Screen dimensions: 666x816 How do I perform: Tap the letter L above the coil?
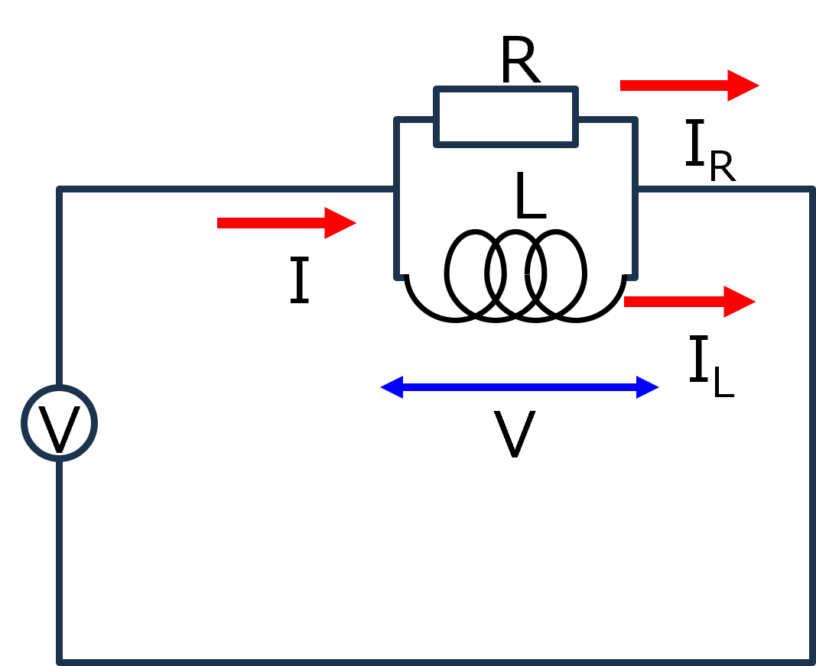(x=529, y=196)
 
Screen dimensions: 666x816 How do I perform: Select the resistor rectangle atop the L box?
(x=506, y=117)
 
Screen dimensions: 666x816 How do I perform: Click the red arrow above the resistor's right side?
(x=688, y=86)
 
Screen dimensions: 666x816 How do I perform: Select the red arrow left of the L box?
(x=286, y=223)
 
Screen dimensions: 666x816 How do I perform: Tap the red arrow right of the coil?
(x=689, y=302)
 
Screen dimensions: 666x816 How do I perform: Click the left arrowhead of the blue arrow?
(x=392, y=387)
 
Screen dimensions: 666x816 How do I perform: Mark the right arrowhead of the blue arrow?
(x=648, y=387)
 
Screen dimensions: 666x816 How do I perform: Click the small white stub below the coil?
(x=502, y=337)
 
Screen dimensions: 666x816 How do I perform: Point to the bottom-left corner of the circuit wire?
(x=60, y=660)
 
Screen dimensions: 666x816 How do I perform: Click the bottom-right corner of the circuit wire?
(x=811, y=660)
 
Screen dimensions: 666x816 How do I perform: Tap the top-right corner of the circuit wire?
(x=811, y=189)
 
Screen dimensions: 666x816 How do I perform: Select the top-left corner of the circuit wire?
(x=60, y=189)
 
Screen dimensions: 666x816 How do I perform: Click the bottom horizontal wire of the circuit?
(x=436, y=661)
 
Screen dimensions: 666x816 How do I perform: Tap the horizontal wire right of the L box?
(x=723, y=189)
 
